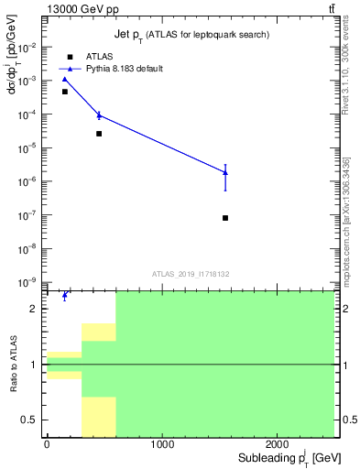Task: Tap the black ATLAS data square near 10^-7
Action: [225, 218]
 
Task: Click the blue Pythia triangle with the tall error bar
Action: [225, 172]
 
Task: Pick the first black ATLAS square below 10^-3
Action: [65, 92]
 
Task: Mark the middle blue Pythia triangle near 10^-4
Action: [99, 115]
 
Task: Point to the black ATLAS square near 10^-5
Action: [99, 134]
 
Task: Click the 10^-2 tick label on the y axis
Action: [29, 47]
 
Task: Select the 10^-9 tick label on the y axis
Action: [29, 282]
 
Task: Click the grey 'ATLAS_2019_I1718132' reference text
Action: [190, 273]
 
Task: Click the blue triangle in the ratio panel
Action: [65, 296]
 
